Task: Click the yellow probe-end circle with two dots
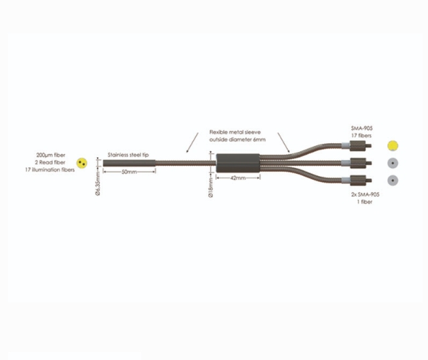click(82, 163)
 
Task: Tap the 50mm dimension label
click(129, 172)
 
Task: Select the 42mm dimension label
click(238, 178)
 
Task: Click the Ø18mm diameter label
click(211, 188)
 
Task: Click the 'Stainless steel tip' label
click(128, 155)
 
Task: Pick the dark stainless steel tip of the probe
click(129, 163)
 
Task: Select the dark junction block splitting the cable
click(238, 163)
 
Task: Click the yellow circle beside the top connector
click(393, 146)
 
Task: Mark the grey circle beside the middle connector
click(393, 163)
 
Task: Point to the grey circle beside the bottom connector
click(393, 181)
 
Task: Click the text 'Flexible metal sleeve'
click(235, 132)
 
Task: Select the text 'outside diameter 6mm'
click(237, 140)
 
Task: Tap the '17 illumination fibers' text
click(50, 170)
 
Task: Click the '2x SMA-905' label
click(365, 195)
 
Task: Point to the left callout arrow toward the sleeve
click(192, 143)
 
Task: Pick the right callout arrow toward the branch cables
click(284, 143)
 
